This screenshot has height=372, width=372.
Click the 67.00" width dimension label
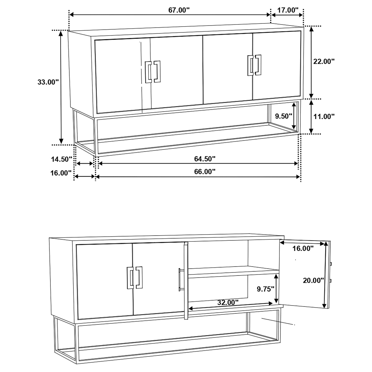point(179,10)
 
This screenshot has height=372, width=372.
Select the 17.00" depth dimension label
point(288,10)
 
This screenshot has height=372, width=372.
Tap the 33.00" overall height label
point(48,82)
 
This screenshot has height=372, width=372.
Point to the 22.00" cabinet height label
point(324,61)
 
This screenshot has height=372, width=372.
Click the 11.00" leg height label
point(324,116)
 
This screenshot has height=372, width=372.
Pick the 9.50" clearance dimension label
point(284,116)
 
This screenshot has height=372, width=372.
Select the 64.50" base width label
point(204,159)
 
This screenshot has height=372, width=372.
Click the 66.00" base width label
point(204,172)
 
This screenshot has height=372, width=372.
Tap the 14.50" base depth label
point(61,159)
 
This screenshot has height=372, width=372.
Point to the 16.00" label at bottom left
point(61,173)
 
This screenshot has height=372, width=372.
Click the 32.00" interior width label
point(228,302)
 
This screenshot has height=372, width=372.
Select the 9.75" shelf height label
point(265,289)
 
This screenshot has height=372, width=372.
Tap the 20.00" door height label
point(313,280)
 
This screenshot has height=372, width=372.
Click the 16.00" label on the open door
point(303,248)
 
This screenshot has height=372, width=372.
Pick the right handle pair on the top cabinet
point(254,65)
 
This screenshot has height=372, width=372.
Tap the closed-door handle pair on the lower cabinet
point(135,278)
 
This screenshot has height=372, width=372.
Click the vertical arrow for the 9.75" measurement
point(276,288)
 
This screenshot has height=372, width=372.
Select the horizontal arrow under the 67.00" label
point(170,15)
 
